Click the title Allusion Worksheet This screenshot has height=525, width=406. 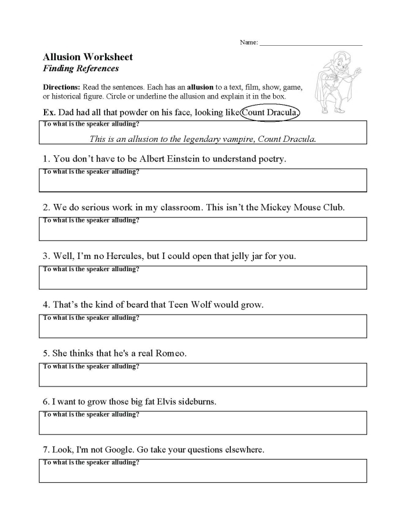tap(88, 57)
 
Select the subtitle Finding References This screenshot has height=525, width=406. tap(81, 68)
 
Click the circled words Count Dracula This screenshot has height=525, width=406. tap(270, 112)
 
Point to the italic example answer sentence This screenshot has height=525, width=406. tap(202, 138)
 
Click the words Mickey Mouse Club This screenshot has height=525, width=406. tap(302, 207)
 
